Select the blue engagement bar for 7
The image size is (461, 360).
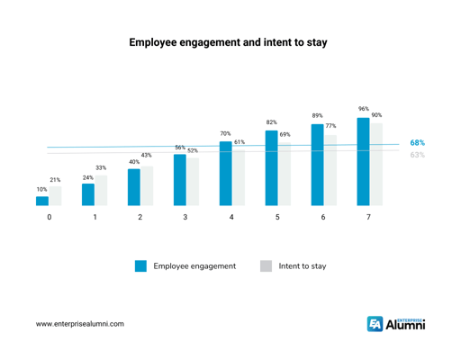[x=363, y=162]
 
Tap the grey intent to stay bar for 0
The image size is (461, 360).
[x=55, y=197]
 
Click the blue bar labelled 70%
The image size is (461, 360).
[x=225, y=174]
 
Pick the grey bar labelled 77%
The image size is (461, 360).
[x=330, y=170]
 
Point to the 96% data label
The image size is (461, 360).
[x=363, y=109]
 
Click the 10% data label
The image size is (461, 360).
[x=41, y=190]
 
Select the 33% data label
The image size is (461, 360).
[x=101, y=168]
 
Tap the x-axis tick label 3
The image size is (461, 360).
[x=185, y=219]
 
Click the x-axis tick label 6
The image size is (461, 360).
[x=322, y=219]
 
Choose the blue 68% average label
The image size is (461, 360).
[x=418, y=143]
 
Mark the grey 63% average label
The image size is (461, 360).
[x=418, y=155]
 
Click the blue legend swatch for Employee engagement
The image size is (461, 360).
[x=140, y=266]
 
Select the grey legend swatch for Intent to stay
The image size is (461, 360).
[x=266, y=266]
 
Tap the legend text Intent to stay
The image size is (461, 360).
[x=303, y=266]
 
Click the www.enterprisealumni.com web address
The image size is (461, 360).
[x=80, y=323]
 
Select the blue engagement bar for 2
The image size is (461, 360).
[x=134, y=187]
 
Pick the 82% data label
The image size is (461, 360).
[x=271, y=122]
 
